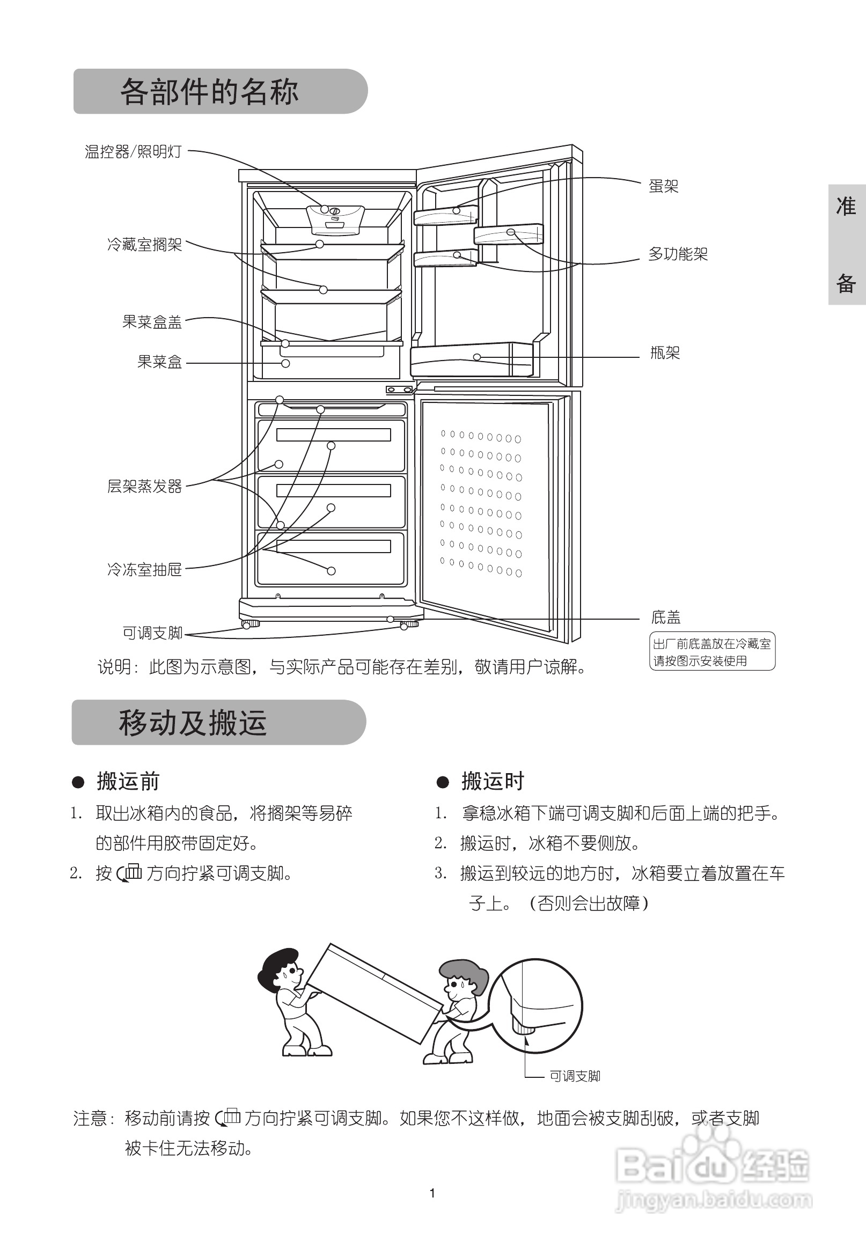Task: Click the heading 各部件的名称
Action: [x=209, y=91]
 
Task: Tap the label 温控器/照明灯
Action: [x=133, y=151]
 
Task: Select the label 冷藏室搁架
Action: [x=144, y=245]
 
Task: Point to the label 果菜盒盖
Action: [x=152, y=322]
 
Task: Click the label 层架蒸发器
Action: [x=144, y=486]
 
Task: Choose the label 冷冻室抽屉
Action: [x=144, y=569]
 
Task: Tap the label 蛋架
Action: [x=664, y=186]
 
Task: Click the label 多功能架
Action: [x=678, y=254]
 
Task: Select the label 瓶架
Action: [x=665, y=353]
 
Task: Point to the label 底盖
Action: [x=666, y=617]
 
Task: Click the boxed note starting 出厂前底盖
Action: [x=712, y=652]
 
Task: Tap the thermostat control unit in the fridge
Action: [x=334, y=218]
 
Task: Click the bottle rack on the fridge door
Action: [x=471, y=359]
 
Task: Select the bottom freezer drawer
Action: [x=331, y=559]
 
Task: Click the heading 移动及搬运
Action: [x=193, y=723]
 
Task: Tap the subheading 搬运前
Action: [x=128, y=781]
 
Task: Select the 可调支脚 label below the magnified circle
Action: [x=575, y=1076]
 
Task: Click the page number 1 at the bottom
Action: [x=432, y=1193]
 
